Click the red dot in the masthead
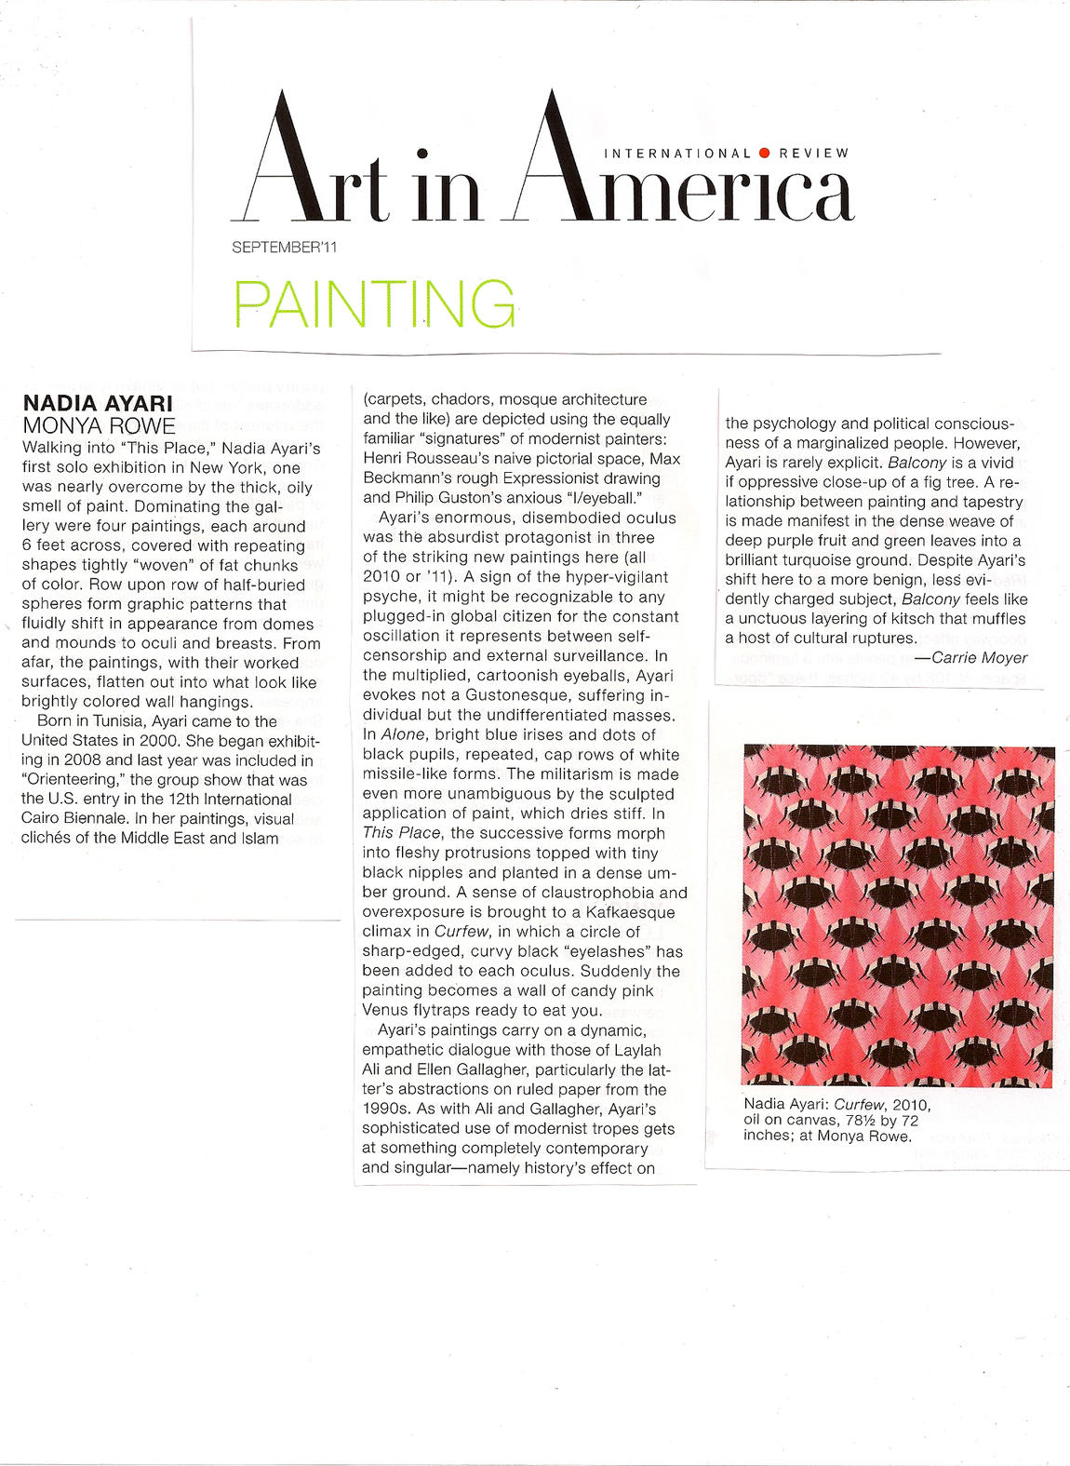point(764,153)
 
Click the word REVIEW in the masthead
point(814,153)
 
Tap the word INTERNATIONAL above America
point(677,153)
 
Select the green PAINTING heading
point(374,304)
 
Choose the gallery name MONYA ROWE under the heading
point(98,426)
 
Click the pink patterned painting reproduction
point(898,916)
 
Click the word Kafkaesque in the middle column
point(630,912)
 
